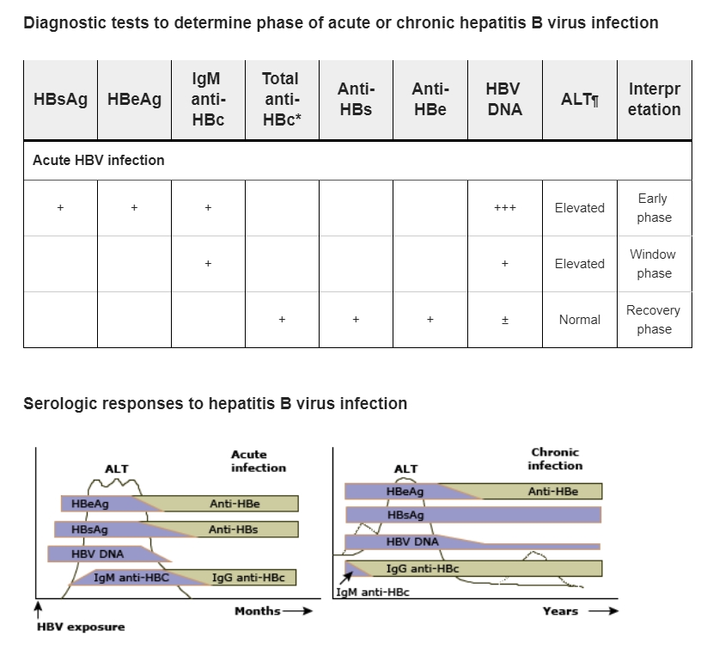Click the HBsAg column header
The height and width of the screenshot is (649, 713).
coord(60,100)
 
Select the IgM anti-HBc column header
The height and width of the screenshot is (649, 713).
coord(208,100)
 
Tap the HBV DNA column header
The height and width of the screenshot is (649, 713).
coord(504,100)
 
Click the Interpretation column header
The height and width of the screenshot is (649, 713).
coord(654,100)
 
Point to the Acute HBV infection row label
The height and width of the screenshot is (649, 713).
coord(99,160)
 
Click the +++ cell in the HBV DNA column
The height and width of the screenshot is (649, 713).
coord(504,208)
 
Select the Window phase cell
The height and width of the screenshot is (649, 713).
coord(654,264)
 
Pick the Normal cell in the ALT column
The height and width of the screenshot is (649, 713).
coord(579,320)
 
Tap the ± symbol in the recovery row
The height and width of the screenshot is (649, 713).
coord(504,320)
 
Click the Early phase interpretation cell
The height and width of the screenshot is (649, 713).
coord(654,208)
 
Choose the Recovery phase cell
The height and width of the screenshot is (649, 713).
coord(654,320)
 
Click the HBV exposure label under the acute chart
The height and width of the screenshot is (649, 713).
coord(81,627)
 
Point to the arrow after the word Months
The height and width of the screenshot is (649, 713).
coord(296,611)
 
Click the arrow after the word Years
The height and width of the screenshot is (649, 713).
coord(602,611)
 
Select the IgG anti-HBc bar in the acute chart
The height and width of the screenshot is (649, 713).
coord(249,578)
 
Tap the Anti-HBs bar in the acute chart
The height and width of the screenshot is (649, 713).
coord(234,530)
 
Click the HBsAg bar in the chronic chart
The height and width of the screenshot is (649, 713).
coord(472,515)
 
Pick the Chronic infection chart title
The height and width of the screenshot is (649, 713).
coord(555,459)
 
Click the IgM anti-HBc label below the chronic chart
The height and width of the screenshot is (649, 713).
coord(372,592)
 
